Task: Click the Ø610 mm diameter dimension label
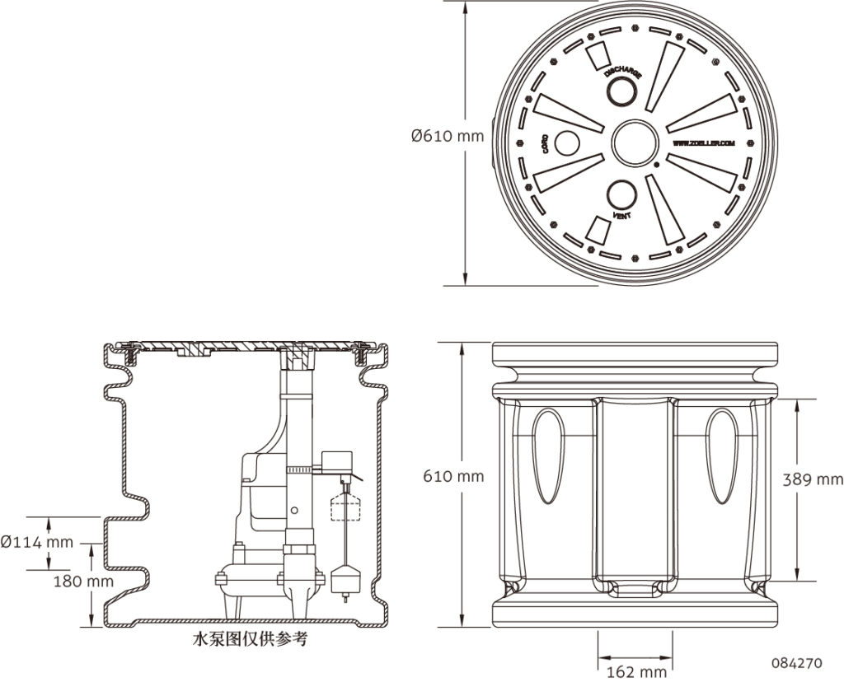(448, 136)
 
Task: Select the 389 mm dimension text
(814, 479)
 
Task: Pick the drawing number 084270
(796, 661)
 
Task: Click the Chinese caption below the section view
(249, 638)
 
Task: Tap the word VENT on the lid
(622, 216)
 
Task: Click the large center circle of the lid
(634, 142)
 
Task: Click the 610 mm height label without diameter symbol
(453, 476)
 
